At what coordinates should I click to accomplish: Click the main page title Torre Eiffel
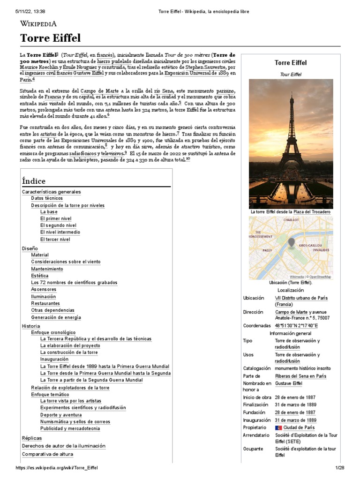tap(50, 38)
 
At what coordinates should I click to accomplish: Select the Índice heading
tap(34, 181)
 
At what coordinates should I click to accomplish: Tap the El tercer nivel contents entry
tap(55, 239)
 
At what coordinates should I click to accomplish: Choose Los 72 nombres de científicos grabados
tap(74, 283)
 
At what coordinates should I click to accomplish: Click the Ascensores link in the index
tap(44, 289)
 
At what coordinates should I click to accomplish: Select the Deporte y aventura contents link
tap(61, 415)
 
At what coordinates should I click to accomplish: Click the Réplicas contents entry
tap(32, 438)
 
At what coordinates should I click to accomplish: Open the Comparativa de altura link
tap(48, 454)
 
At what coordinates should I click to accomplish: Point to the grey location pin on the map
tap(291, 242)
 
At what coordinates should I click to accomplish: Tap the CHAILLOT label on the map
tap(291, 219)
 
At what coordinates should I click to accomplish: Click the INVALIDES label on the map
tap(322, 250)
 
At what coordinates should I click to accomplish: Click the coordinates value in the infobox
tap(296, 325)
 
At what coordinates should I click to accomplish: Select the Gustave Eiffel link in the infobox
tap(288, 383)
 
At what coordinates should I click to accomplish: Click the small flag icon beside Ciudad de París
tap(278, 427)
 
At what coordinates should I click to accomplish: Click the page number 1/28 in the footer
tap(339, 468)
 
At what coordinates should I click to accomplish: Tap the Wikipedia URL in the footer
tap(57, 468)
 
